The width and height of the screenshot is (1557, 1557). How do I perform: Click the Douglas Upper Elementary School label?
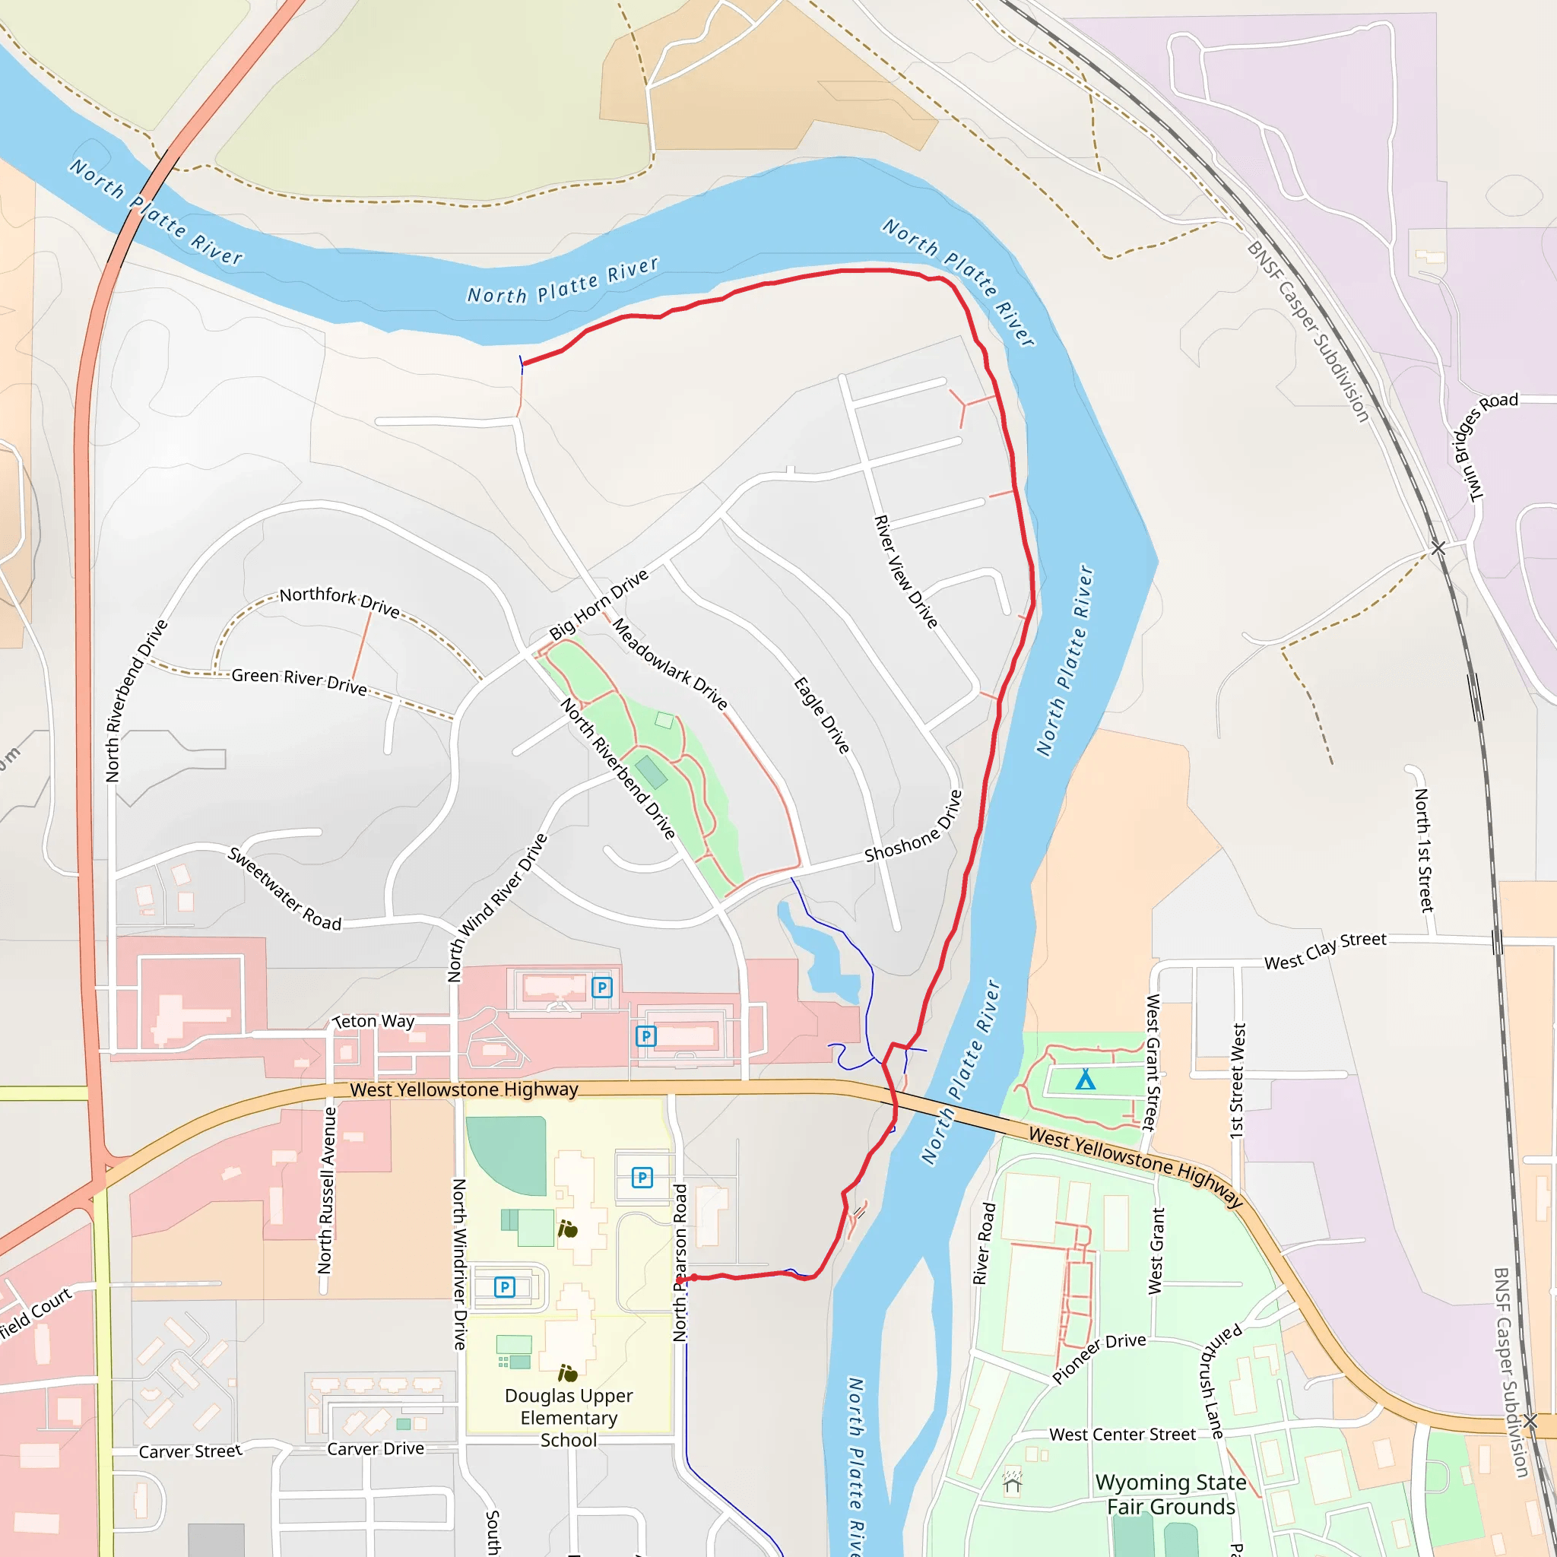click(568, 1418)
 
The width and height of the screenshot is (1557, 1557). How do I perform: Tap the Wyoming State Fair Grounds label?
click(1170, 1494)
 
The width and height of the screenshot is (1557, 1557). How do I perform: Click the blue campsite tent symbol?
click(1086, 1080)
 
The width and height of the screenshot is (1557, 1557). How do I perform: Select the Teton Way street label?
click(374, 1021)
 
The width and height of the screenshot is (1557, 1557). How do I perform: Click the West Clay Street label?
click(1325, 950)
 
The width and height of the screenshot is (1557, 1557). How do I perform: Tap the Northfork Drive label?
click(339, 601)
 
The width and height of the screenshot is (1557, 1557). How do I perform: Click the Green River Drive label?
click(299, 681)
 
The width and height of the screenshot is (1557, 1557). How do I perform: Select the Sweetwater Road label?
click(284, 889)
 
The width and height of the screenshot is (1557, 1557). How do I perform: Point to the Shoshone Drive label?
click(913, 827)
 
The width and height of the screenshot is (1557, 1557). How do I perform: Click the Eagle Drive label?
click(822, 715)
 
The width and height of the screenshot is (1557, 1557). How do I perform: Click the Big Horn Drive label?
click(598, 604)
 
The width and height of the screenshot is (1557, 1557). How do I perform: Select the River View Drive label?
click(905, 572)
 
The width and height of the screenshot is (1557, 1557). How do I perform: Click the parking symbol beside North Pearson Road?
click(642, 1178)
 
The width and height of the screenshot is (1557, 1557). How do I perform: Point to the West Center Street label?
click(1122, 1435)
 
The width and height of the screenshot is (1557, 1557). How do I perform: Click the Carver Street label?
click(190, 1451)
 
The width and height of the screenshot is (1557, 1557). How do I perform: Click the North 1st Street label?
click(1425, 850)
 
